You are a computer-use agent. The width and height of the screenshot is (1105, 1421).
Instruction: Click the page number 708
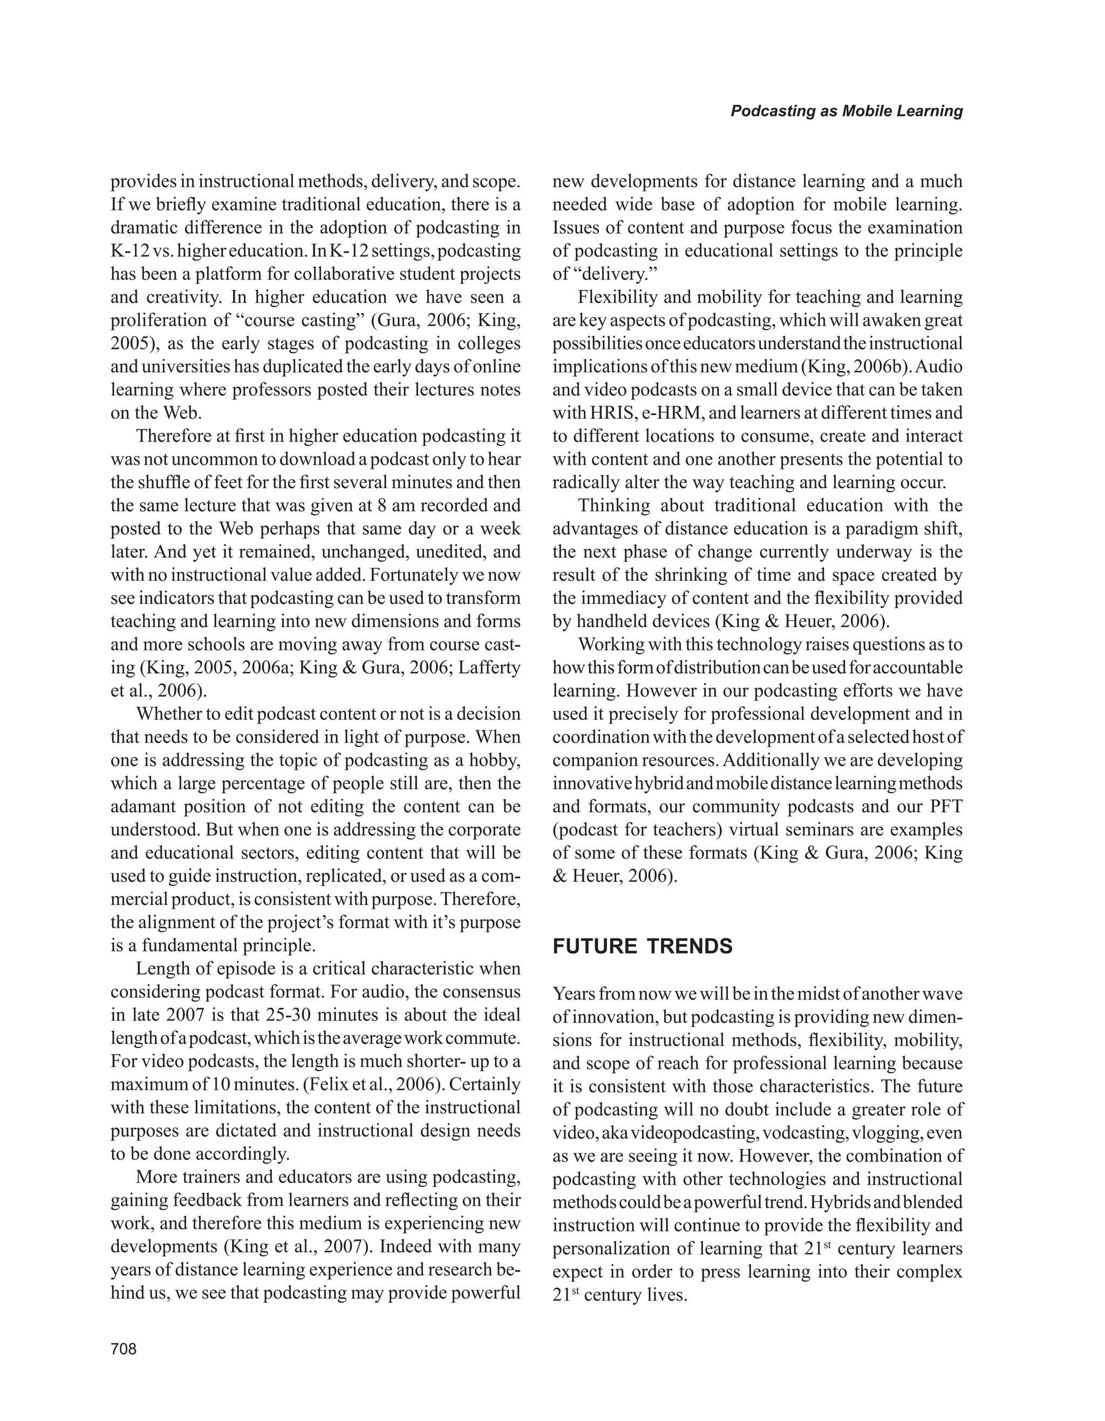(x=124, y=1349)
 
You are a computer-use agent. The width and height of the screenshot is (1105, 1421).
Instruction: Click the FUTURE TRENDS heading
(x=642, y=946)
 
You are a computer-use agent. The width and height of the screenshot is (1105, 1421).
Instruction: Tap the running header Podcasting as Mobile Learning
(x=846, y=111)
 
